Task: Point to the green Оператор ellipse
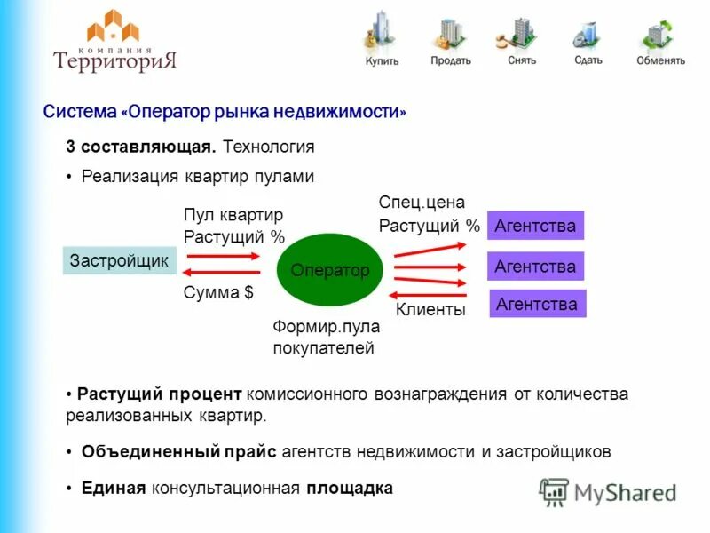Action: tap(330, 270)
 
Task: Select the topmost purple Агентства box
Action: tap(535, 226)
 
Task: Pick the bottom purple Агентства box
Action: tap(537, 304)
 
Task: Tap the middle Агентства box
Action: tap(535, 266)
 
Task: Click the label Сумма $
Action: tap(218, 294)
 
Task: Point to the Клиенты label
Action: tap(430, 310)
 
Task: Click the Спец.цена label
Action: tap(422, 203)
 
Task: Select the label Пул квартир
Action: tap(233, 215)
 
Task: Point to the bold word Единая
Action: tap(113, 488)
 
